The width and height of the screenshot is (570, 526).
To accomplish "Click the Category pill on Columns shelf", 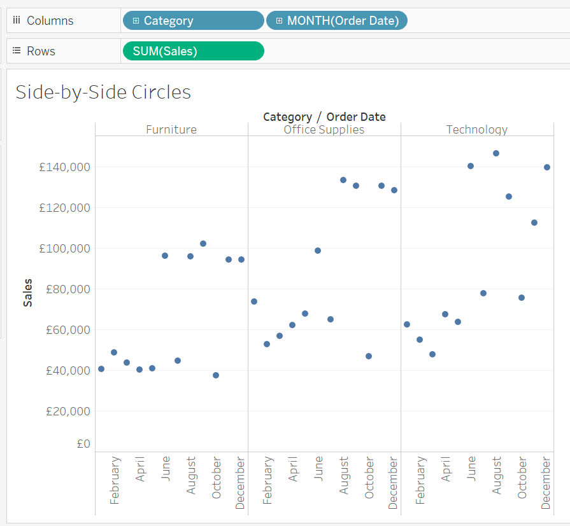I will point(192,20).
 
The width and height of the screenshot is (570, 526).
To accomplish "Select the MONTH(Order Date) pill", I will point(336,20).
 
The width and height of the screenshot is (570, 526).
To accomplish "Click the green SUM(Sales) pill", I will point(192,51).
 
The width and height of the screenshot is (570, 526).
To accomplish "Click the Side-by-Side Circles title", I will point(103,92).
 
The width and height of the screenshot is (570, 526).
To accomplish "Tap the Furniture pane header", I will point(171,130).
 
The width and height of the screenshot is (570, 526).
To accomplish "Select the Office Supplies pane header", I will point(324,130).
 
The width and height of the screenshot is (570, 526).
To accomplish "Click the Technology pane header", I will point(477,130).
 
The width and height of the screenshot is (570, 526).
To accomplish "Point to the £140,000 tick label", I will point(64,167).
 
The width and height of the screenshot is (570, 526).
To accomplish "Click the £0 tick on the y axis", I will point(83,444).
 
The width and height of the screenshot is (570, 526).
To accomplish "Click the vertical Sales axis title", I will point(27,293).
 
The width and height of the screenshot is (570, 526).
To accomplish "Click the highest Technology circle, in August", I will point(496,153).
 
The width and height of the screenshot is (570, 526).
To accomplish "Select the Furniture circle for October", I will point(216,375).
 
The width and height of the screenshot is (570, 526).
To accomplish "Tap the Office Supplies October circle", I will point(369,356).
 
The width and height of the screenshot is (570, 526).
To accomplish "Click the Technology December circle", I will point(547,167).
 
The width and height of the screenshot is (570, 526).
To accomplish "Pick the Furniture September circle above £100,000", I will point(203,244).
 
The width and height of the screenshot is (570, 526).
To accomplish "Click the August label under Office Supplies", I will point(344,475).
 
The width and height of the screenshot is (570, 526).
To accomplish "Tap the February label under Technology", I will point(420,480).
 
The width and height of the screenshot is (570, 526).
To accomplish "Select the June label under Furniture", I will point(166,469).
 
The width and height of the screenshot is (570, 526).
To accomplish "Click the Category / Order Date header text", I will point(324,117).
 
